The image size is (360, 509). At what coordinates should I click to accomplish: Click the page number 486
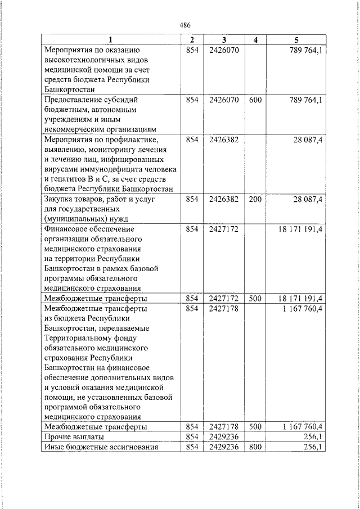[185, 25]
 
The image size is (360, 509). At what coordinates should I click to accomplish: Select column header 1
[111, 39]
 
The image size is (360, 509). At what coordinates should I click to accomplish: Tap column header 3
[224, 39]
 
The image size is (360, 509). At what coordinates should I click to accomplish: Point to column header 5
[296, 39]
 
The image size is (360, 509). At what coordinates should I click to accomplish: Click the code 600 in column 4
[255, 100]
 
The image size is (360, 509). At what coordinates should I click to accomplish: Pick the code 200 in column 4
[255, 199]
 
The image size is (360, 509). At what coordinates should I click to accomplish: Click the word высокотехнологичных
[79, 60]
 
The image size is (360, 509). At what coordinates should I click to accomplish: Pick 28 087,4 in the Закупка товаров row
[307, 199]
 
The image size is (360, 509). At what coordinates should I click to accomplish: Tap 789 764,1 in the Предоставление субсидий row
[304, 100]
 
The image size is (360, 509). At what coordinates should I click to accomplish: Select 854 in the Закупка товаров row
[192, 199]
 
